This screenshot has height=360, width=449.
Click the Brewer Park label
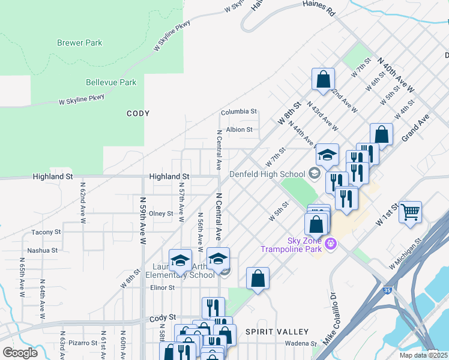(79, 43)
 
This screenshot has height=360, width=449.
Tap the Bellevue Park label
(111, 82)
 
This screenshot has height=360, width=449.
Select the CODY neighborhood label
(138, 113)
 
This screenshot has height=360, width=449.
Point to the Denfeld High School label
(268, 175)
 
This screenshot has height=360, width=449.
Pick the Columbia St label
(238, 112)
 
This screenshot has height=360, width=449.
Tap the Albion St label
(239, 129)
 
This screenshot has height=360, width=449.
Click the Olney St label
(161, 214)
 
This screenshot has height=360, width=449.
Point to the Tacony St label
(46, 232)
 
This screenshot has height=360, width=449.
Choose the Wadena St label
(301, 343)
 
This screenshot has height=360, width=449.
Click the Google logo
(20, 353)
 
